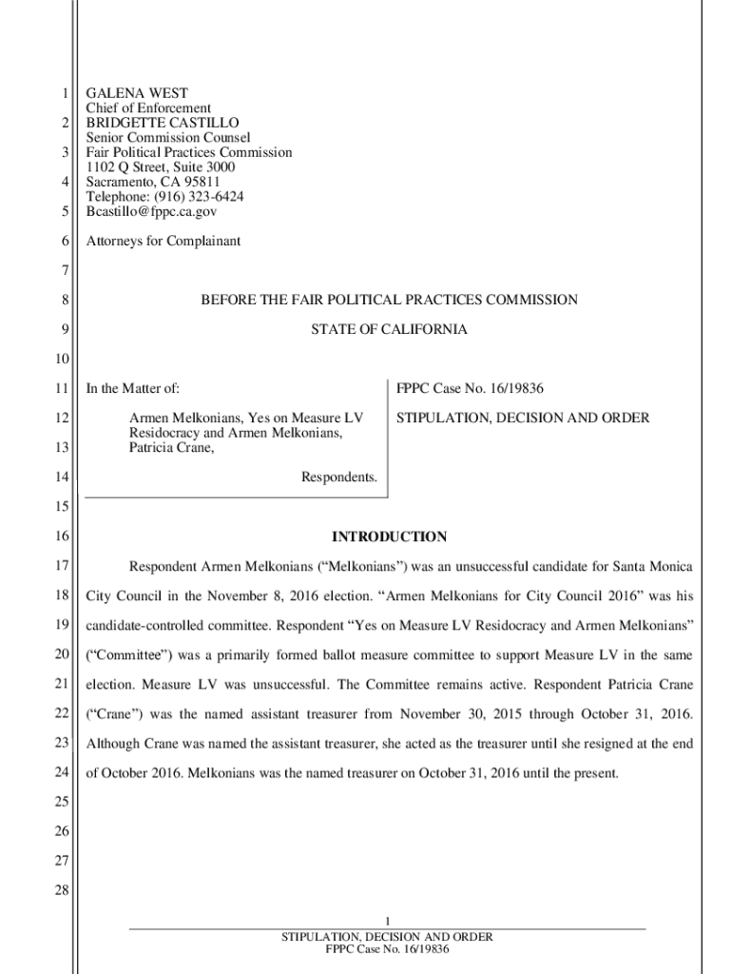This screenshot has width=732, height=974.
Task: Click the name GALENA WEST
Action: point(137,93)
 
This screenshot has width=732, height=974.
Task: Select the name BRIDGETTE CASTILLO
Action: point(163,123)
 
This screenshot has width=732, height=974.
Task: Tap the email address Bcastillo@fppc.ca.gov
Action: point(151,211)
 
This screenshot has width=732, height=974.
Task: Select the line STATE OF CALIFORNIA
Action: point(388,329)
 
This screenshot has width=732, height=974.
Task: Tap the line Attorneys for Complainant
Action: point(163,241)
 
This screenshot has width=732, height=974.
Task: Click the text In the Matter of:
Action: point(133,388)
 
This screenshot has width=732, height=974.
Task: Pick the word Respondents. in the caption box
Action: point(339,477)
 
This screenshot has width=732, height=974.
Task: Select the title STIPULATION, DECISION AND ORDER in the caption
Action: point(523,418)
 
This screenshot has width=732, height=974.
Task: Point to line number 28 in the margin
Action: point(63,891)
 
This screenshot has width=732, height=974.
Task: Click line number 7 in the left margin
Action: point(66,270)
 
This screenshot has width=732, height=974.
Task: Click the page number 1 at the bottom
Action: point(387,920)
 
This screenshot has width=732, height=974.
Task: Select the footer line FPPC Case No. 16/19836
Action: point(387,949)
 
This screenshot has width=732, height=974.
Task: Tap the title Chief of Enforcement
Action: point(148,108)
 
